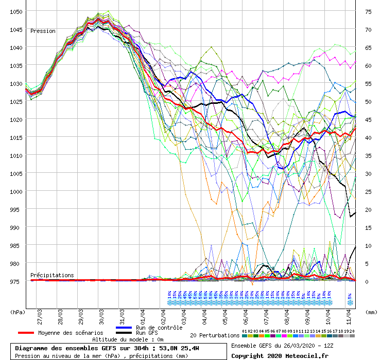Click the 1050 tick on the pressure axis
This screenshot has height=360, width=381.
pyautogui.click(x=15, y=11)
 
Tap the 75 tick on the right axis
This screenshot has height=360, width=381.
pyautogui.click(x=368, y=11)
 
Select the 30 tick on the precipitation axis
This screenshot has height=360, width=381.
pyautogui.click(x=368, y=173)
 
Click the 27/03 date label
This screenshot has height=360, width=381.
pyautogui.click(x=40, y=314)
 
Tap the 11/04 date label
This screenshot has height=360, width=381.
pyautogui.click(x=349, y=314)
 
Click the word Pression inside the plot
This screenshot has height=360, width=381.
pyautogui.click(x=43, y=31)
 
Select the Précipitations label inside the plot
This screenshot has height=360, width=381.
pyautogui.click(x=52, y=275)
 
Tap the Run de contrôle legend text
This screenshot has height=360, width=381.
pyautogui.click(x=159, y=328)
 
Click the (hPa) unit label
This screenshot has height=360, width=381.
pyautogui.click(x=18, y=311)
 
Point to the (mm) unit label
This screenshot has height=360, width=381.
pyautogui.click(x=370, y=311)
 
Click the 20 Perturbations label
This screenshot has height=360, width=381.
pyautogui.click(x=215, y=335)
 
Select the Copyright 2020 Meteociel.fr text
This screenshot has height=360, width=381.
pyautogui.click(x=280, y=355)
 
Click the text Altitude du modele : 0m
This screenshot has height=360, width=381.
pyautogui.click(x=128, y=339)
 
